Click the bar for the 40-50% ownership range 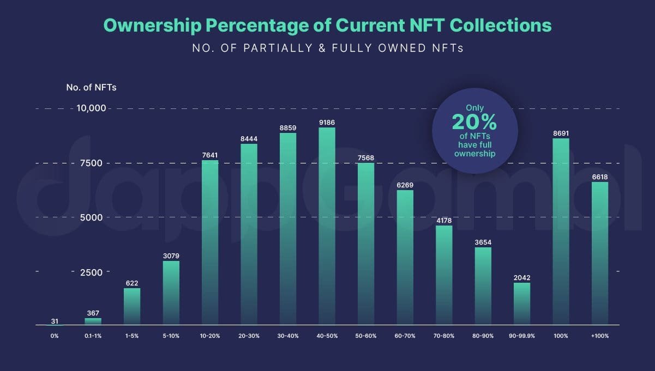coord(327,226)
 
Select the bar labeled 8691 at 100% coord(561,232)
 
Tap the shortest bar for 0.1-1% coord(93,321)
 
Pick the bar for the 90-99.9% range coord(522,303)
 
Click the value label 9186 coord(327,123)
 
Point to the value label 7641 coord(210,155)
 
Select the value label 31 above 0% coord(54,321)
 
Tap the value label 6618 coord(600,177)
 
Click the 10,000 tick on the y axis coord(91,108)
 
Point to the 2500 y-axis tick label coord(91,272)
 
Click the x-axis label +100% coord(600,336)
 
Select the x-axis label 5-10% coord(171,336)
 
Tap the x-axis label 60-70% coord(405,336)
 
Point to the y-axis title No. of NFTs coord(91,87)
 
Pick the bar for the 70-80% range coord(444,275)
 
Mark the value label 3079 coord(171,256)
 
